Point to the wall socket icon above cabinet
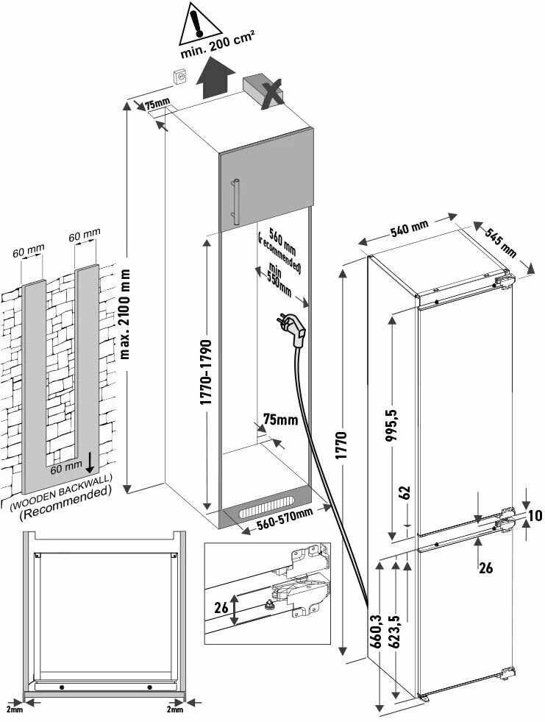(179, 76)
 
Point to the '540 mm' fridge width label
(409, 230)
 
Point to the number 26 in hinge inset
(221, 608)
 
